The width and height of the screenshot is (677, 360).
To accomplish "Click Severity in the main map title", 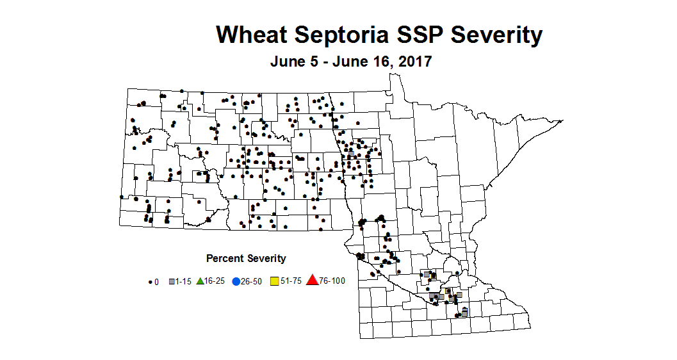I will coord(497,35).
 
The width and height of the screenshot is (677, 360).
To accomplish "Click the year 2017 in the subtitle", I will coord(414,62).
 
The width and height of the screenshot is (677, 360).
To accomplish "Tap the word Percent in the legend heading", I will coord(224,259).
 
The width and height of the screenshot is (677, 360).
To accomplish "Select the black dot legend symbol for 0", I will coord(151,281).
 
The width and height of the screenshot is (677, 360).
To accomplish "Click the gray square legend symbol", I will coord(172,281).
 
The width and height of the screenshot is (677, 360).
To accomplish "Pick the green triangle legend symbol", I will coord(200,281).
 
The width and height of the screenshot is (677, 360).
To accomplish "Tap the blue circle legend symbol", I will coord(236,281).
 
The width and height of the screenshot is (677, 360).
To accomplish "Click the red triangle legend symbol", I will coord(313,280).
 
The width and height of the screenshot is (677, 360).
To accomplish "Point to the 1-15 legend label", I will coord(184,281).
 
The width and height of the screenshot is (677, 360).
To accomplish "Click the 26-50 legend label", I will coord(252,281).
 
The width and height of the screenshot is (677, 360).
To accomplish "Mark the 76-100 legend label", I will coord(332,281).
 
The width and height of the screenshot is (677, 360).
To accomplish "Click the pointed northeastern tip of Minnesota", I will coord(562,120).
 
